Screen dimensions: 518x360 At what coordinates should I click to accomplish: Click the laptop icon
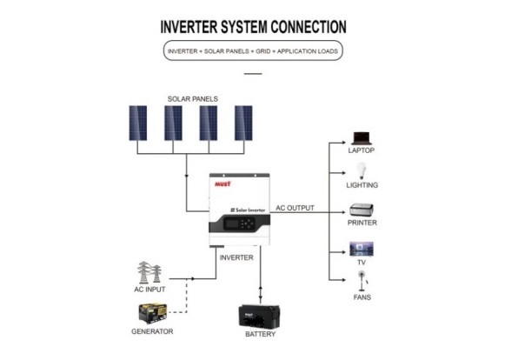[x=361, y=138]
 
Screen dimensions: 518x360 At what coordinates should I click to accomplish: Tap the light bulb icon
[x=362, y=170]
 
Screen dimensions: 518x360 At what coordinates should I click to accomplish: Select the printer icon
[x=362, y=210]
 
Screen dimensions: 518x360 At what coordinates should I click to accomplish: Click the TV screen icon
[x=362, y=249]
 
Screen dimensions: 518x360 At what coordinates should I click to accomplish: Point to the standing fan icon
[x=362, y=281]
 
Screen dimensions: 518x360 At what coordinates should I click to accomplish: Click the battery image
[x=259, y=317]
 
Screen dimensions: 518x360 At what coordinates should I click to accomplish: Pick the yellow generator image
[x=153, y=313]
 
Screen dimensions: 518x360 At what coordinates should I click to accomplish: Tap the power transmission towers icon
[x=149, y=272]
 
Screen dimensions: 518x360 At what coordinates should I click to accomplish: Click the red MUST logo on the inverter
[x=223, y=183]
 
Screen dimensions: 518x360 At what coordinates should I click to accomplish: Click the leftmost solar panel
[x=138, y=123]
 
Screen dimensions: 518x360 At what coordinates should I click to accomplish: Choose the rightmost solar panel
[x=243, y=123]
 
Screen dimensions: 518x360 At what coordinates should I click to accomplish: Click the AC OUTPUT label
[x=295, y=208]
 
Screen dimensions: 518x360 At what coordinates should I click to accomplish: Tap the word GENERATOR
[x=152, y=331]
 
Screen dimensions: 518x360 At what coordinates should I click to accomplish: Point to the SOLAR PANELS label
[x=193, y=99]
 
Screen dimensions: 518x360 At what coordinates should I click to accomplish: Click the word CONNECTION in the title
[x=309, y=27]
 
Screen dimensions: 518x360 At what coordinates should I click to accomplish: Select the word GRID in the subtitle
[x=263, y=51]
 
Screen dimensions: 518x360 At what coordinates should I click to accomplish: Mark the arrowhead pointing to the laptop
[x=343, y=143]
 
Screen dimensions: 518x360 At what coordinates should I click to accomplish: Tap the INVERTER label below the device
[x=236, y=257]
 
